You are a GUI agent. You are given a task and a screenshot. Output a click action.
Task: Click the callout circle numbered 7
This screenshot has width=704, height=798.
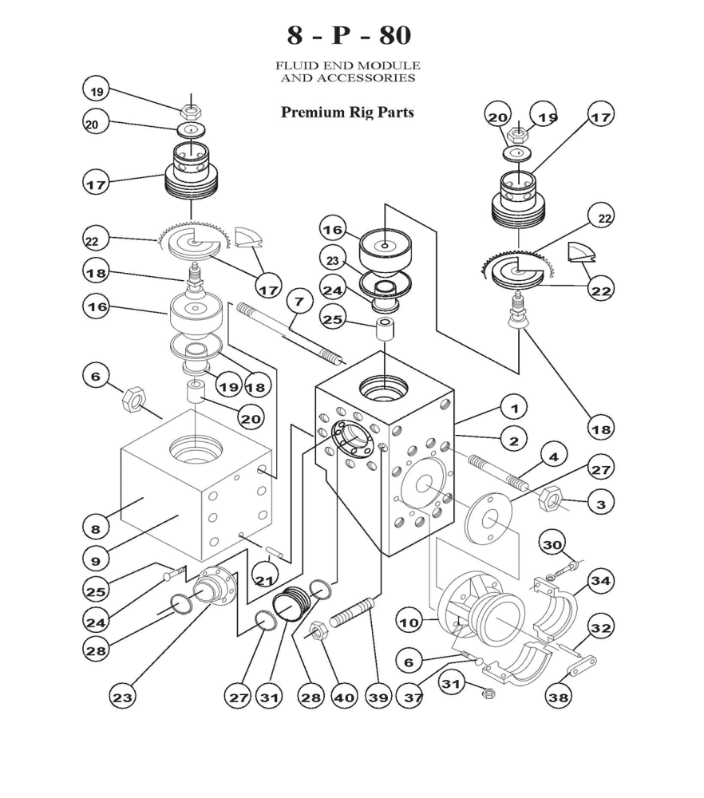(299, 302)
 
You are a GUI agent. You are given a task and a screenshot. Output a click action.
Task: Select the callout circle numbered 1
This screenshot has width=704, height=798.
(515, 408)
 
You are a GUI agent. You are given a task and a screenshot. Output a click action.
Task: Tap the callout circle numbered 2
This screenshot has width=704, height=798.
(515, 440)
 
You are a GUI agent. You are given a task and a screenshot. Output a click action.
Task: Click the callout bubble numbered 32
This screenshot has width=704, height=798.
(599, 629)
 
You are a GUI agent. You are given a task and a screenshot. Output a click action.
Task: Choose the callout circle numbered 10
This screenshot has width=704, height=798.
(410, 621)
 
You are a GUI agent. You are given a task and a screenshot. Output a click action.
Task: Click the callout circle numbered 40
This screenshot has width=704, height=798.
(343, 697)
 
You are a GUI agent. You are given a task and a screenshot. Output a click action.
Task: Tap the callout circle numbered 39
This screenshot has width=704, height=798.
(378, 697)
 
